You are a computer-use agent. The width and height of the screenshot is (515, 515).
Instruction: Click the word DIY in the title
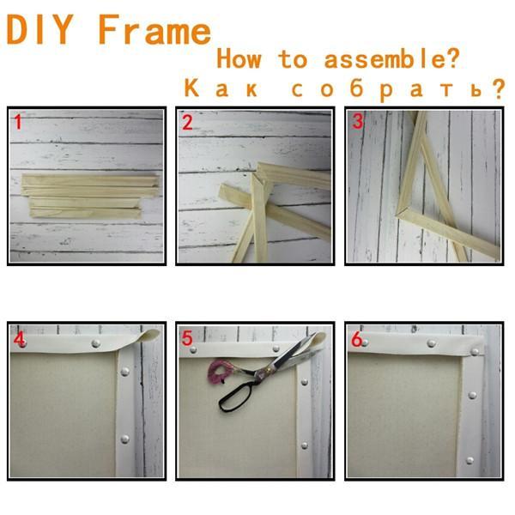coord(39,29)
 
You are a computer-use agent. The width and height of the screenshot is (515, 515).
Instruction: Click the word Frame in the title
coord(154,29)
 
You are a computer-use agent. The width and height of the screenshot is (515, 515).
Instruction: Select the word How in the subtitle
coord(239,58)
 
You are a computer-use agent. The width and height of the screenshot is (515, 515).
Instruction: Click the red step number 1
coord(18,122)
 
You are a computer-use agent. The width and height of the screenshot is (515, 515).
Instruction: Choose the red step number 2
coord(187,123)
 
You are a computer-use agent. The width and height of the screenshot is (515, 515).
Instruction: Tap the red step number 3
coord(358,120)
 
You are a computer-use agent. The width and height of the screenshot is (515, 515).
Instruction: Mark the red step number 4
coord(20,339)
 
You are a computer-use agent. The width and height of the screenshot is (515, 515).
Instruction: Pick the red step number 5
coord(187,338)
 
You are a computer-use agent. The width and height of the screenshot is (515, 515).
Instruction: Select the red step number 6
coord(357,339)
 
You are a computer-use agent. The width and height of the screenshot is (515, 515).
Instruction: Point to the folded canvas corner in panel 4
coord(149,336)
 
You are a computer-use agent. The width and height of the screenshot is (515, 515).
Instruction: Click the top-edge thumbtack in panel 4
coord(96,343)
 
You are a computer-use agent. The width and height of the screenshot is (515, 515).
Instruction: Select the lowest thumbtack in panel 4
coord(124,439)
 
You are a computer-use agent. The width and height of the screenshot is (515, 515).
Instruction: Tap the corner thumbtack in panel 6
coord(475,352)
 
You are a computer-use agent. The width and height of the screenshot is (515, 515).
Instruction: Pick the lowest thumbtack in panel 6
coord(470,460)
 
